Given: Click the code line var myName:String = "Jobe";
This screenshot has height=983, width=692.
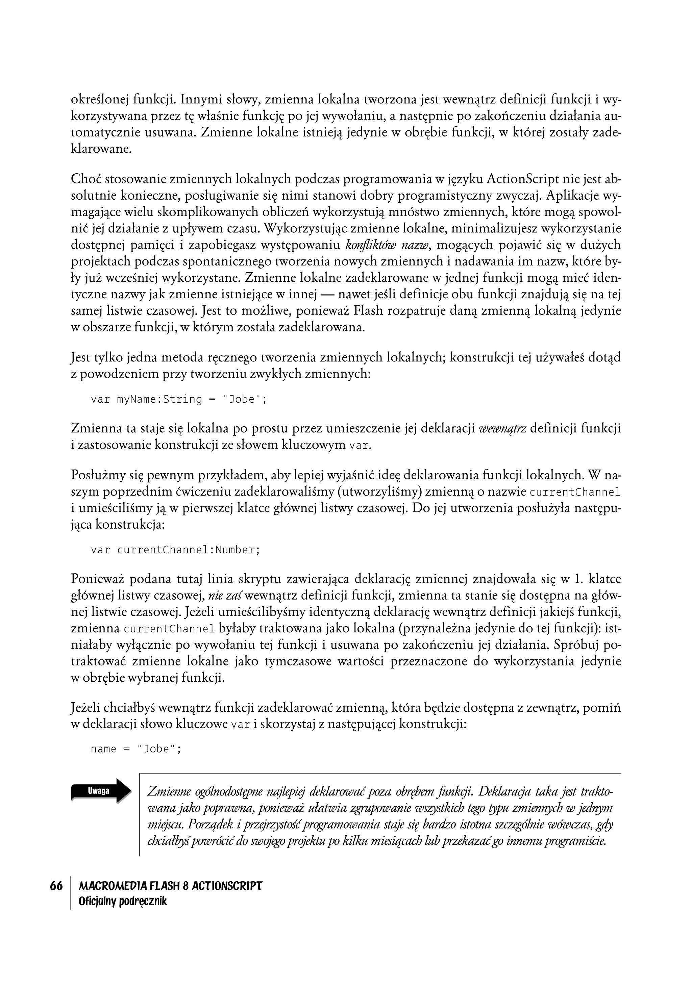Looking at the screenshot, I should click(x=178, y=400).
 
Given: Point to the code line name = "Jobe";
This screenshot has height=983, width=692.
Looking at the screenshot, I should click(x=136, y=749).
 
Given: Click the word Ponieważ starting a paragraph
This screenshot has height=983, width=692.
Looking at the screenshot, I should click(x=97, y=580).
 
